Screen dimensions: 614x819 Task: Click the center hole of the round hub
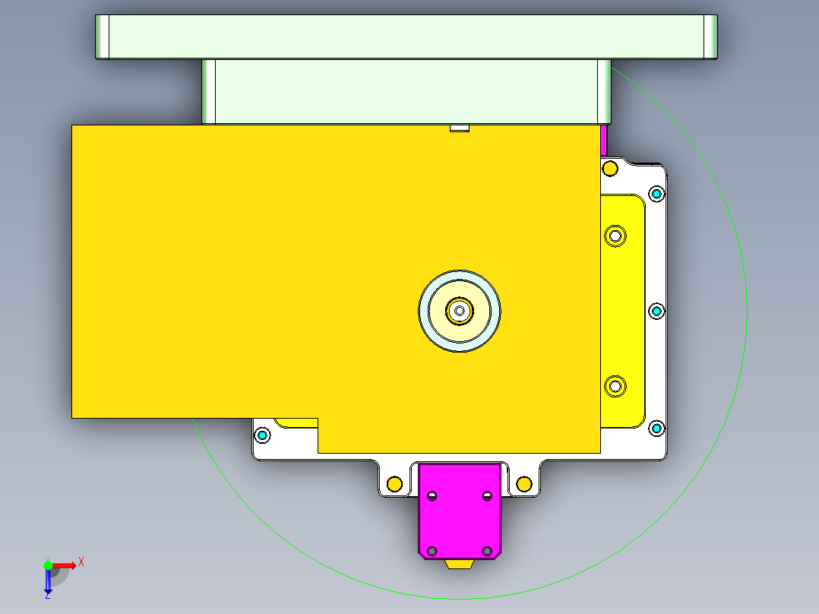click(459, 310)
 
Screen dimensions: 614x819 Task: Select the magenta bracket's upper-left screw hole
click(432, 496)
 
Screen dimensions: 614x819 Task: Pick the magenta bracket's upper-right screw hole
click(487, 496)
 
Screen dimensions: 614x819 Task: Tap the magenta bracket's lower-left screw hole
click(432, 551)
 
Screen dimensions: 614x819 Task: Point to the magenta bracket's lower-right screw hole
click(487, 551)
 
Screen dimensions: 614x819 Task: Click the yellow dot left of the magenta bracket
click(394, 483)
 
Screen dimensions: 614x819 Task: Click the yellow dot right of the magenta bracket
click(523, 483)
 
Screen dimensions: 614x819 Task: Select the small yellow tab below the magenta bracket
click(460, 564)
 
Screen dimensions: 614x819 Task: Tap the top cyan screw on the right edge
click(656, 194)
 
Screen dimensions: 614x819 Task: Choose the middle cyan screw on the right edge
click(656, 311)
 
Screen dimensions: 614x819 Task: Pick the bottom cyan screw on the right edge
click(656, 429)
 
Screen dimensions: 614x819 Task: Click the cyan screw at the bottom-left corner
click(263, 435)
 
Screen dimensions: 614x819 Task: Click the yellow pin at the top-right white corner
click(610, 167)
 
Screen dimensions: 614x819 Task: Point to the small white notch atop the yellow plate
click(459, 128)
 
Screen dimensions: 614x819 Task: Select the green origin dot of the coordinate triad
click(48, 565)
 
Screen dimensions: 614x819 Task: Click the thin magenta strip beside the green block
click(604, 140)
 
